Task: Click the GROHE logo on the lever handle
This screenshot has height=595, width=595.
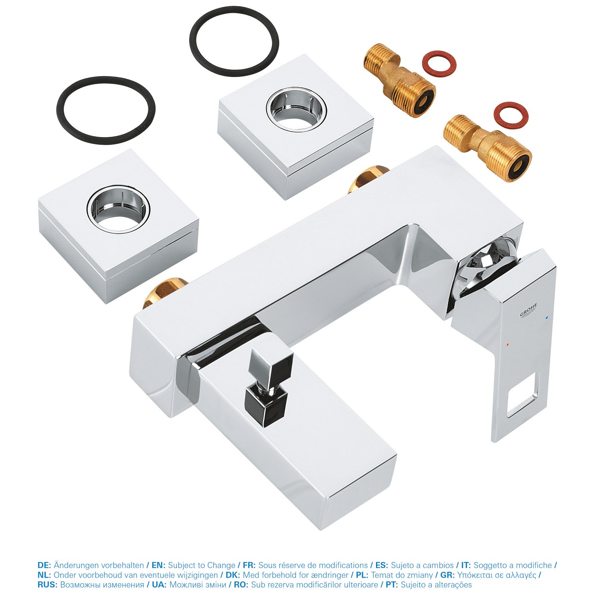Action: tap(528, 310)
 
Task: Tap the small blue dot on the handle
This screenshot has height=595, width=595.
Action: tap(547, 318)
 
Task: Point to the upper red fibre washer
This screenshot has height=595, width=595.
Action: tap(438, 63)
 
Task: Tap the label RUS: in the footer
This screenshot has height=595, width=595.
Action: tap(48, 585)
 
